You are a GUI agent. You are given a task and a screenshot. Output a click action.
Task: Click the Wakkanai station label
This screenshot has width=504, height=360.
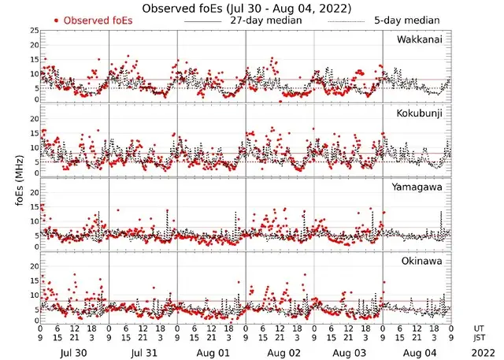(420, 39)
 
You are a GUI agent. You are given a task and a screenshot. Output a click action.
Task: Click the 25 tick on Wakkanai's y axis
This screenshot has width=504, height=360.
(34, 30)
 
